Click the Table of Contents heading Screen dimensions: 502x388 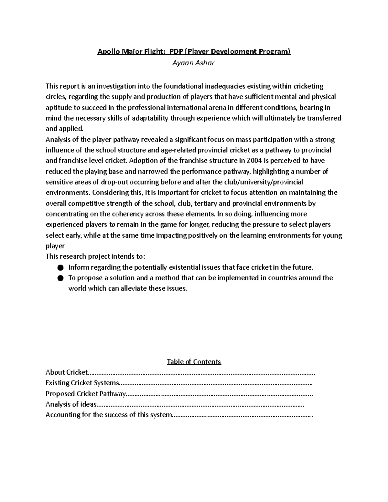(194, 362)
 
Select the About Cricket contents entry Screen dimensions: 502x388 (67, 372)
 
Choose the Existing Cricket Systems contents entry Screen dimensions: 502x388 (82, 383)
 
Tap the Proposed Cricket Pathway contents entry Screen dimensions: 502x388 (85, 394)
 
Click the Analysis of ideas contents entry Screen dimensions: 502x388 (71, 404)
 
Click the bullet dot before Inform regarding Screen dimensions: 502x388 (60, 268)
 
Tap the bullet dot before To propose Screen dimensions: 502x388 (60, 278)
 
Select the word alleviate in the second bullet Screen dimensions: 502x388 (134, 289)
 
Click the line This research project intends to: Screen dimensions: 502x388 (95, 257)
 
